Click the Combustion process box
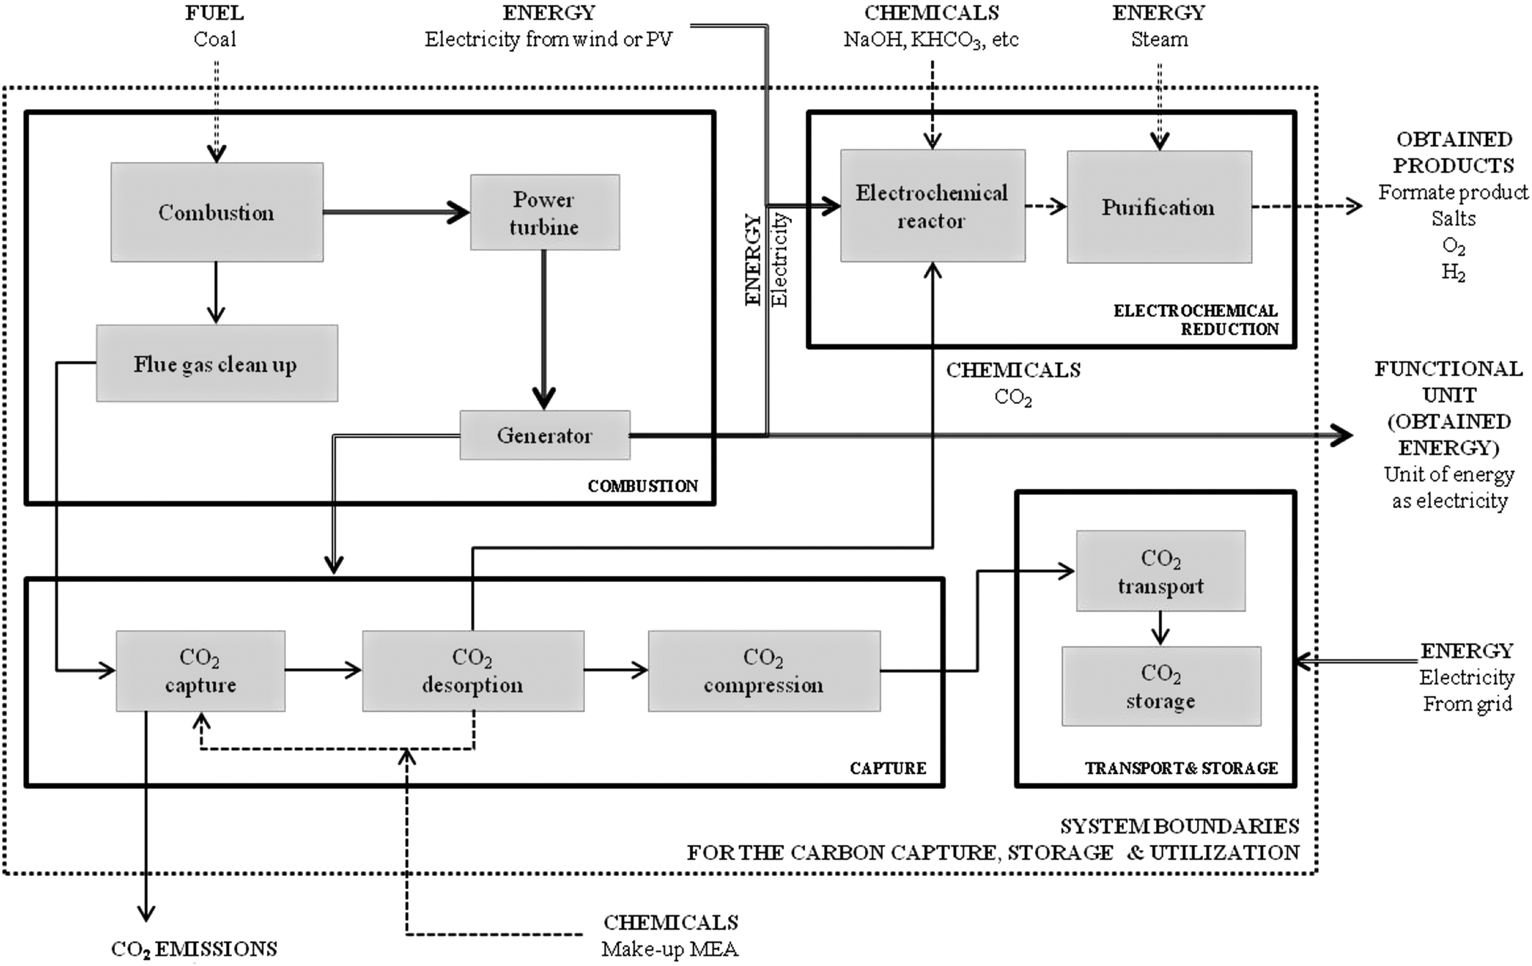tap(216, 212)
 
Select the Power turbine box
tap(544, 212)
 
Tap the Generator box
tap(544, 435)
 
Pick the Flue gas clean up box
tap(216, 363)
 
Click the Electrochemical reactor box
tap(932, 206)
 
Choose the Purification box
tap(1158, 207)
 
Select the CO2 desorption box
tap(473, 671)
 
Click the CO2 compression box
tap(763, 671)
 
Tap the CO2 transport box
tap(1161, 571)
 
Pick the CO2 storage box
tap(1161, 686)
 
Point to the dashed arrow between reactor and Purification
tap(1045, 206)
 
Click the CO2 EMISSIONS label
tap(194, 949)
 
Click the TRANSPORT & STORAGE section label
tap(1181, 768)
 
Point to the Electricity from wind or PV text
tap(549, 39)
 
